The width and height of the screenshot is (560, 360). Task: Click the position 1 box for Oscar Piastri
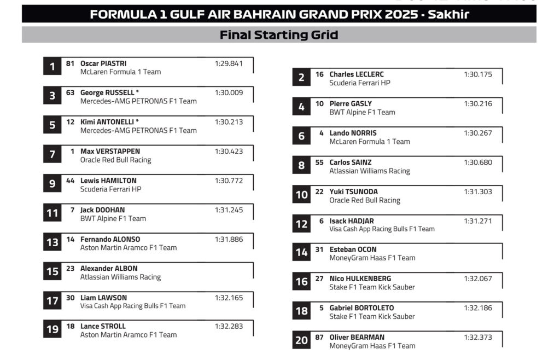tap(52, 67)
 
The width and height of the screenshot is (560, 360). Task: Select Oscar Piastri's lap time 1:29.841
tap(229, 63)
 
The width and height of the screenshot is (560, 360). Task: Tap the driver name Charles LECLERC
tap(356, 74)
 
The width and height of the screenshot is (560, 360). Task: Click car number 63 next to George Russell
tap(70, 92)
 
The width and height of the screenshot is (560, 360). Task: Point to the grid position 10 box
tap(301, 195)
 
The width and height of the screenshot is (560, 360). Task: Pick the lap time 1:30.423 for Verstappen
tap(229, 152)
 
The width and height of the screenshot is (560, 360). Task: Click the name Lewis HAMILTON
tap(108, 181)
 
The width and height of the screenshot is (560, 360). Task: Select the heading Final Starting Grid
tap(279, 35)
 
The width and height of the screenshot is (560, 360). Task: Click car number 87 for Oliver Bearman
tap(319, 338)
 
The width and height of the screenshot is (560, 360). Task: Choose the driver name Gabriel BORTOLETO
tap(361, 308)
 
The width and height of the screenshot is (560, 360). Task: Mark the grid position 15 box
tap(52, 272)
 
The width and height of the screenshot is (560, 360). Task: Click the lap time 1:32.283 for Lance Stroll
tap(229, 327)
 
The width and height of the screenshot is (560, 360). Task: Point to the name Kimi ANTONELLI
tap(109, 122)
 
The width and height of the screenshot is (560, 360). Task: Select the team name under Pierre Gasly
tap(362, 112)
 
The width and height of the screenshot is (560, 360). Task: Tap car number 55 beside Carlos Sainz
tap(319, 162)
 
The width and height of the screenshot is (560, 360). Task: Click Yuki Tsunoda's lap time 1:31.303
tap(478, 192)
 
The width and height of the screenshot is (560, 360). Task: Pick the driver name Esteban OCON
tap(353, 249)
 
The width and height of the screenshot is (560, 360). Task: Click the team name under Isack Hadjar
tap(382, 229)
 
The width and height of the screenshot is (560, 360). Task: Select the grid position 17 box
tap(52, 301)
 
